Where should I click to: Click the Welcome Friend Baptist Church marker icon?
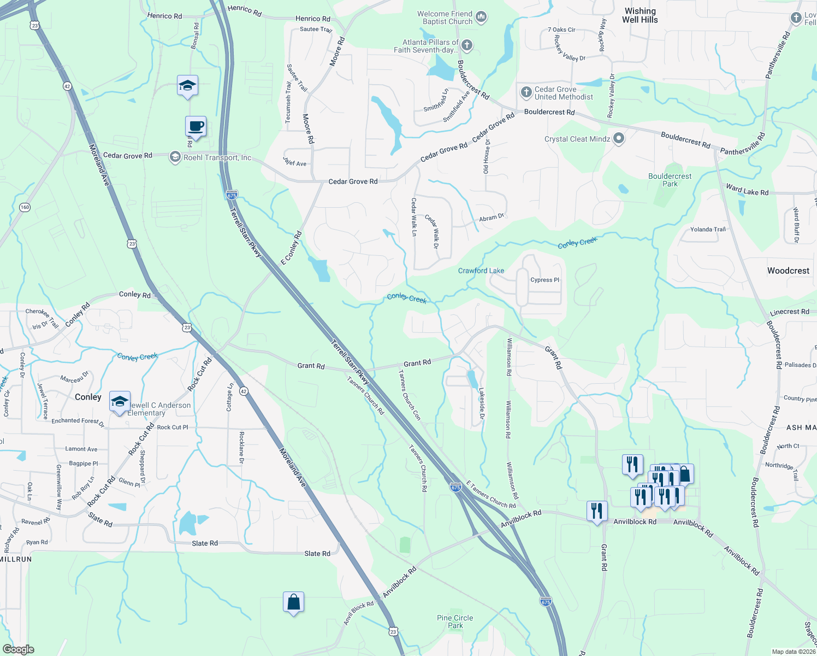pyautogui.click(x=481, y=17)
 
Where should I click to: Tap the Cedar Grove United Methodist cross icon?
pyautogui.click(x=526, y=92)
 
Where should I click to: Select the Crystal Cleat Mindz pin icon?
pyautogui.click(x=618, y=139)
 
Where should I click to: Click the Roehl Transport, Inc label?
pyautogui.click(x=217, y=157)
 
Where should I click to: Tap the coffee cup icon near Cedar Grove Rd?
pyautogui.click(x=196, y=126)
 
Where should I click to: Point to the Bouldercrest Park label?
pyautogui.click(x=670, y=180)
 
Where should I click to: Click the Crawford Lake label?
pyautogui.click(x=481, y=271)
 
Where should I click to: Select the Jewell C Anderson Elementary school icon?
pyautogui.click(x=120, y=402)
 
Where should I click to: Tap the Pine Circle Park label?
pyautogui.click(x=455, y=622)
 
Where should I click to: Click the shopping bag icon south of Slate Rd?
pyautogui.click(x=293, y=602)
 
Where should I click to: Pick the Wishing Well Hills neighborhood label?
pyautogui.click(x=640, y=15)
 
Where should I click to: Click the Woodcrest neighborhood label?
pyautogui.click(x=788, y=271)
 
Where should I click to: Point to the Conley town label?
pyautogui.click(x=88, y=397)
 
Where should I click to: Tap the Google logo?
pyautogui.click(x=18, y=649)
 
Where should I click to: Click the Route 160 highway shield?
pyautogui.click(x=25, y=207)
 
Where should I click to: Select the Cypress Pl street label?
pyautogui.click(x=544, y=280)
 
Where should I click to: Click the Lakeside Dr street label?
pyautogui.click(x=482, y=403)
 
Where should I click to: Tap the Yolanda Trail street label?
pyautogui.click(x=708, y=230)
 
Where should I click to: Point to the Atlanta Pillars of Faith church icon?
pyautogui.click(x=466, y=45)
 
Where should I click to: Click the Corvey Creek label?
pyautogui.click(x=137, y=357)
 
